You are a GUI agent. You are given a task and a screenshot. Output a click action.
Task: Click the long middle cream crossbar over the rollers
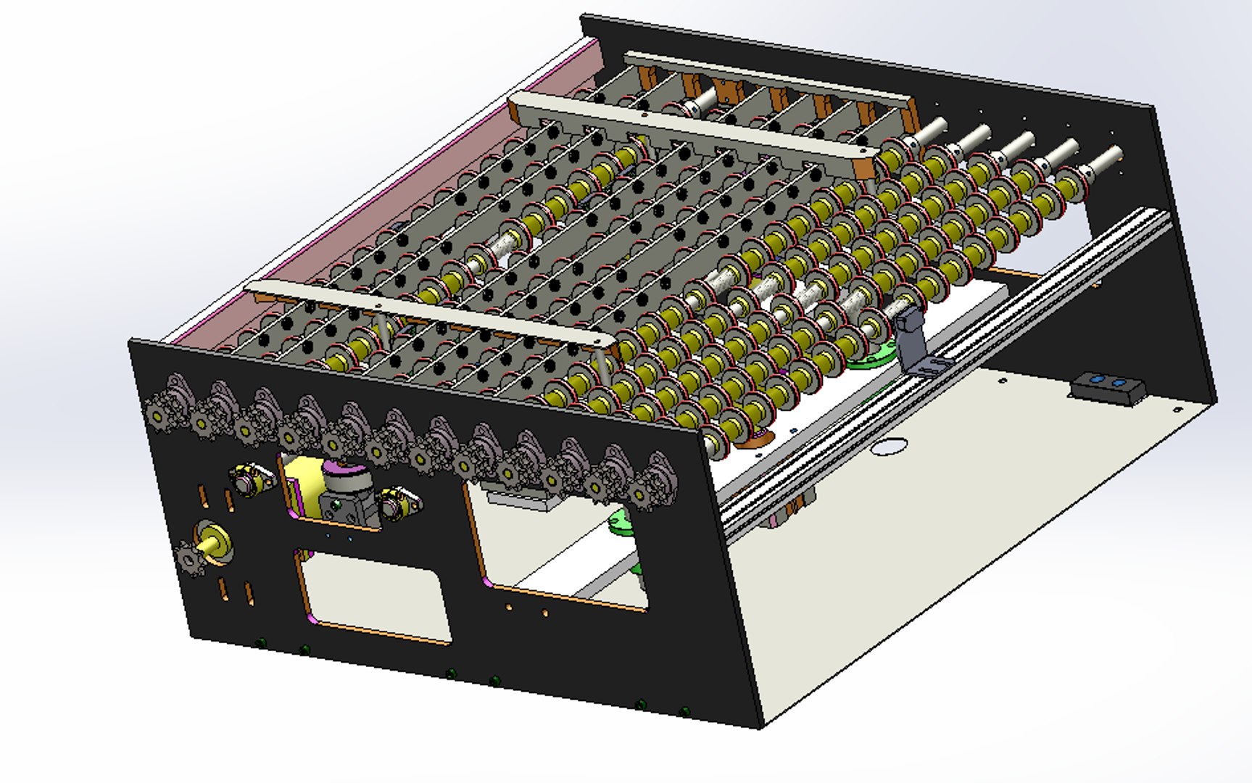click(689, 130)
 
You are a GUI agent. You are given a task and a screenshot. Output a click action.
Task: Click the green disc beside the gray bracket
click(870, 359)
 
